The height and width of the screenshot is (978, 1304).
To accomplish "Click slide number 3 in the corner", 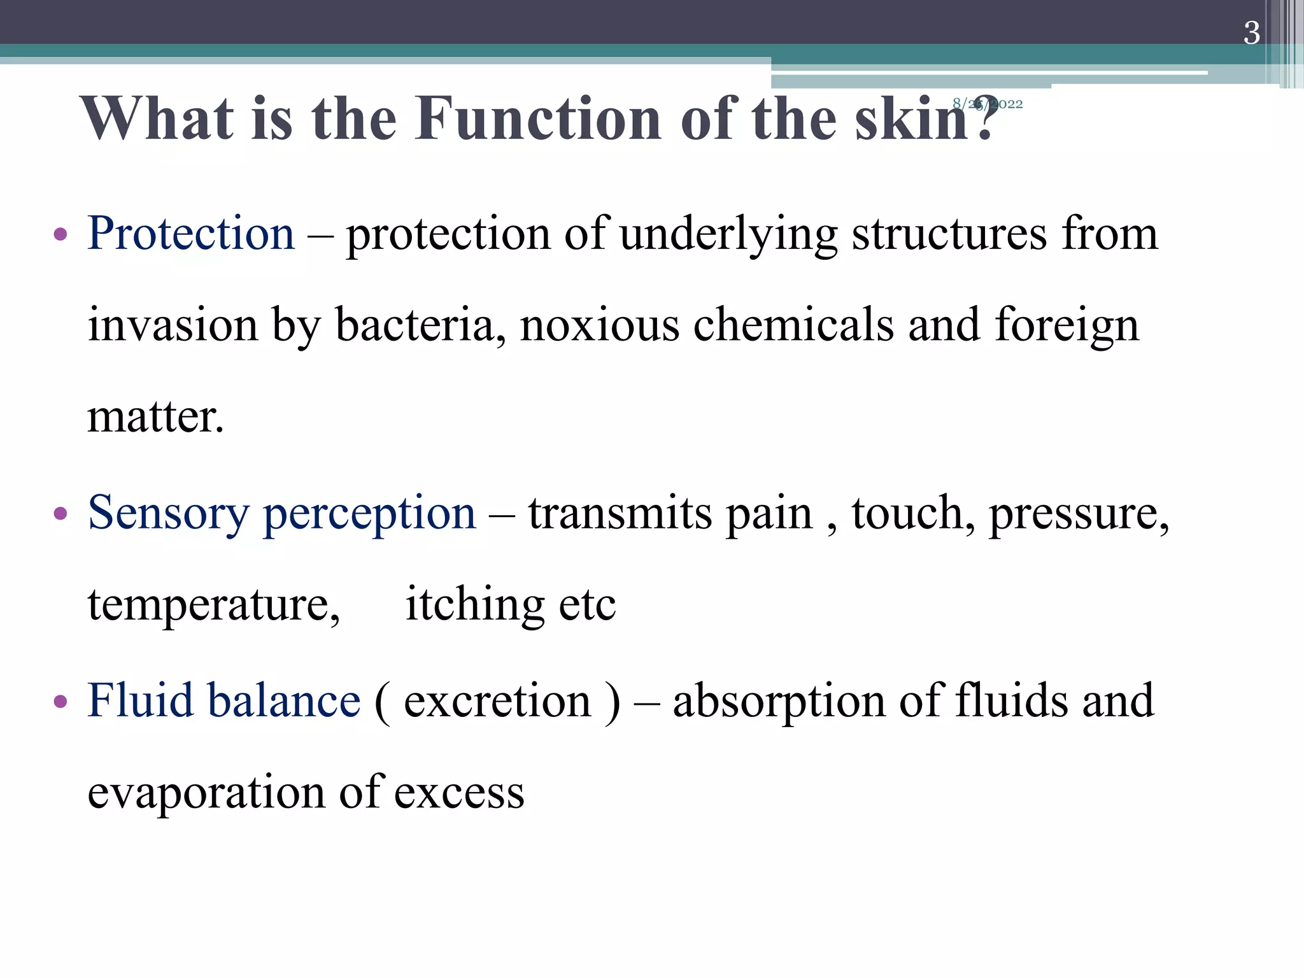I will (1251, 33).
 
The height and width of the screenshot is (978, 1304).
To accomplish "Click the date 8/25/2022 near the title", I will (988, 104).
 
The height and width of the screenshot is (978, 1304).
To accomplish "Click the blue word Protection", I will (191, 234).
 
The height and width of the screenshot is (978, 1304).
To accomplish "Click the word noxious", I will (599, 325).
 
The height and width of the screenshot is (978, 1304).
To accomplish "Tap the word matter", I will (155, 417).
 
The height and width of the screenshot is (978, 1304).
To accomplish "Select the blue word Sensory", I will (168, 513).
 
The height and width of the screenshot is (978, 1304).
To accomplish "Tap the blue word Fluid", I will (140, 700).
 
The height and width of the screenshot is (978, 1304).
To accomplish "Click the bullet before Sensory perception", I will (60, 514).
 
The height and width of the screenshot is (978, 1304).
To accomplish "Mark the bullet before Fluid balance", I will (60, 702).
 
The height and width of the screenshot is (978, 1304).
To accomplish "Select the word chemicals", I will (793, 325).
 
